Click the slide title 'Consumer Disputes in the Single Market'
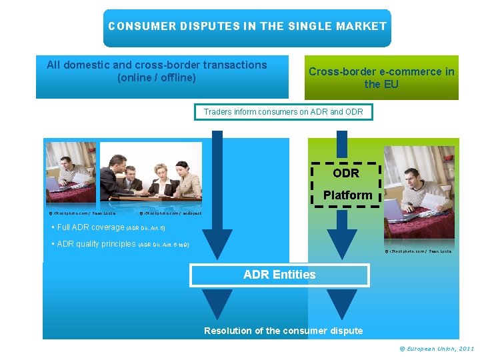pos(247,27)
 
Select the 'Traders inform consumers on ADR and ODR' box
pos(283,112)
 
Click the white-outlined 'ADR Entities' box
pos(279,275)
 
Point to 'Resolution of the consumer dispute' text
pos(283,331)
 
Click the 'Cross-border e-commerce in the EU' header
pos(381,77)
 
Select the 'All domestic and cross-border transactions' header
pos(157,71)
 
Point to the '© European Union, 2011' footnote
pos(437,349)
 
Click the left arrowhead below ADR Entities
pos(217,304)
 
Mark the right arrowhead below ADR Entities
pos(342,304)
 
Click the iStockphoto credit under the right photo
pos(419,251)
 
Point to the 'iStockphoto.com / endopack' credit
pos(170,213)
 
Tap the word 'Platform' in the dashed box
pos(347,195)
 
